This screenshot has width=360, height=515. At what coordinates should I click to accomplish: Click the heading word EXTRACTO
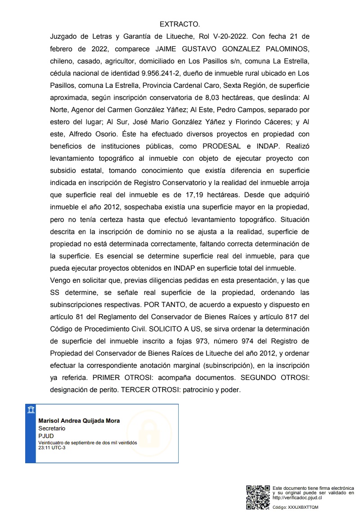(x=180, y=24)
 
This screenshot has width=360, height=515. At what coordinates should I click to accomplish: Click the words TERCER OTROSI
(x=148, y=390)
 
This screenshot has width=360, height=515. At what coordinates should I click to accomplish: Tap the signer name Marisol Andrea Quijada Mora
(x=79, y=421)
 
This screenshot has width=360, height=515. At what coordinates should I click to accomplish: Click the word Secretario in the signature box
(x=52, y=429)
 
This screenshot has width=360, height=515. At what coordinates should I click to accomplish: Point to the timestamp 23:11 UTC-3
(x=52, y=447)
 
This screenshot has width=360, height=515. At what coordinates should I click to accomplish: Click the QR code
(x=258, y=497)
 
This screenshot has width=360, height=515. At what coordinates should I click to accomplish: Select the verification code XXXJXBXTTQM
(x=303, y=507)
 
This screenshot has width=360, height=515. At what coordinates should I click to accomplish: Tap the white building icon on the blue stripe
(x=31, y=409)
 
